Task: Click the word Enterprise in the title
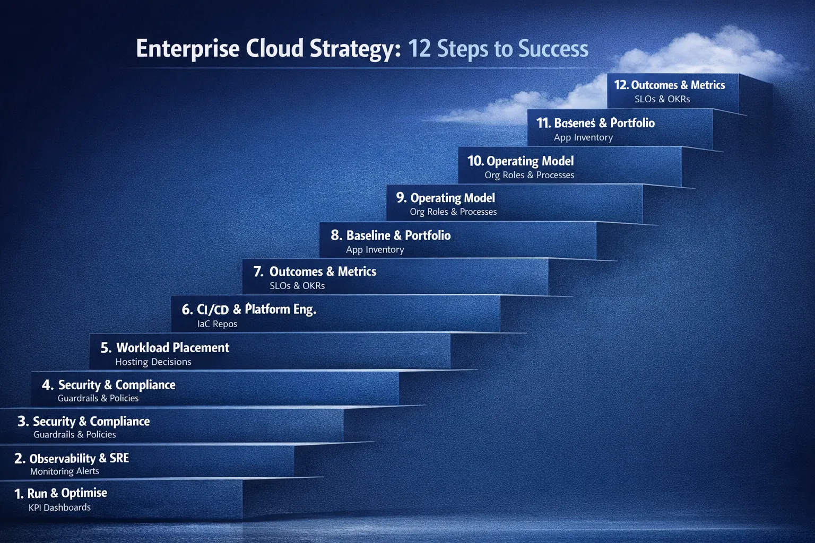coord(187,49)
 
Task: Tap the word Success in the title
coord(553,49)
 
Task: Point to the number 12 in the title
coord(419,49)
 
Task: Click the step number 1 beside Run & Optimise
coord(19,494)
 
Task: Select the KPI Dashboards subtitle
coord(59,507)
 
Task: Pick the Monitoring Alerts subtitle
coord(64,471)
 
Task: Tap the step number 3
coord(23,422)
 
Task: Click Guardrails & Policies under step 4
coord(98,398)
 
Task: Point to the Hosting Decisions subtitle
coord(153,362)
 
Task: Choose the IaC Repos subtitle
coord(217,324)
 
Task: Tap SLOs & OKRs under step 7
coord(297,286)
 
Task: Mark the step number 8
coord(336,235)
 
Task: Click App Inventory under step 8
coord(375,250)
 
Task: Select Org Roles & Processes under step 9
coord(453,212)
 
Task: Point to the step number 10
coord(475,161)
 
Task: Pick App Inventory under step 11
coord(583,137)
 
